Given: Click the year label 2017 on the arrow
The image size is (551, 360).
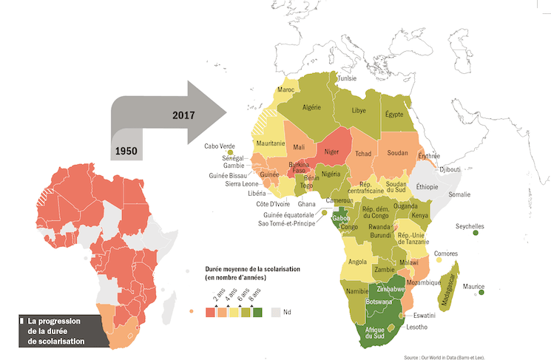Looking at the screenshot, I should tap(186, 115).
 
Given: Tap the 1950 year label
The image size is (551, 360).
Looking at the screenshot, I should tap(128, 150).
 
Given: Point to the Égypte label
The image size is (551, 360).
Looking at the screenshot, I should tap(395, 115).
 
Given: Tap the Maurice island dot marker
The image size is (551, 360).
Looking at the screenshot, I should tap(481, 293).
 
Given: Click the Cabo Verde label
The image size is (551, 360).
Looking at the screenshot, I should tap(220, 146).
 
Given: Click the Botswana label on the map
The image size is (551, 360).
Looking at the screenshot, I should tap(379, 302).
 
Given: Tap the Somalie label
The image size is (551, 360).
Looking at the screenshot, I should tap(459, 194).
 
